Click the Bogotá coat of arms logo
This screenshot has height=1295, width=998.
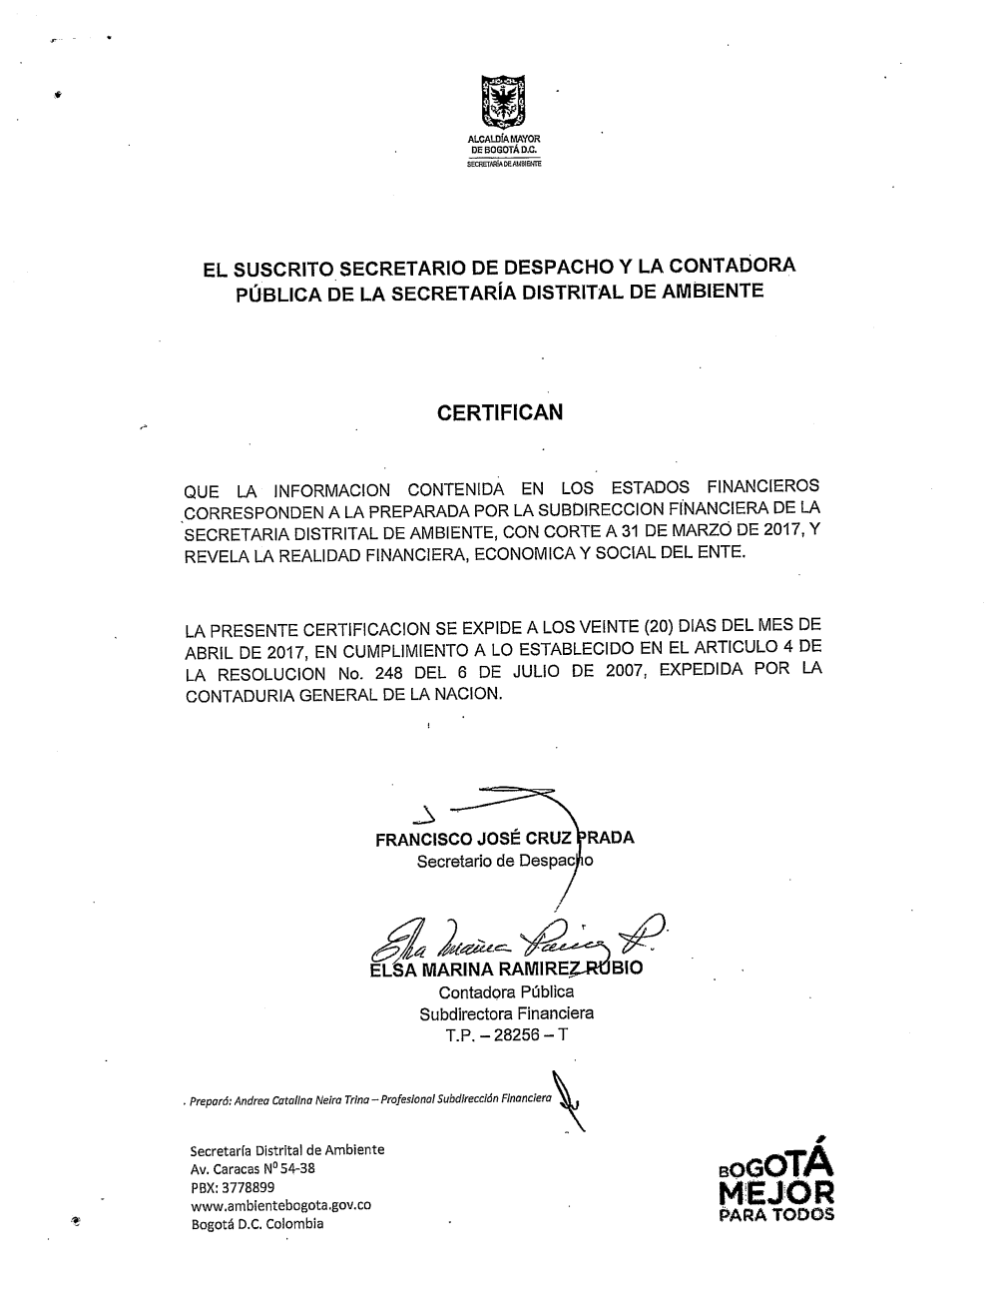[x=504, y=103]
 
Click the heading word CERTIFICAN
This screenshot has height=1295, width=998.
[x=500, y=412]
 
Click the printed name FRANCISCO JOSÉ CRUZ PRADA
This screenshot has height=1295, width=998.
[x=504, y=839]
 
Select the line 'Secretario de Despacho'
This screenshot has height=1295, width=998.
[x=504, y=861]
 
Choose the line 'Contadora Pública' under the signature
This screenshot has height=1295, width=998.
[x=506, y=991]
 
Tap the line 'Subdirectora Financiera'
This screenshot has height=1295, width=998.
[x=506, y=1013]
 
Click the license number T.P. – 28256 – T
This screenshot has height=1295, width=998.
[x=506, y=1034]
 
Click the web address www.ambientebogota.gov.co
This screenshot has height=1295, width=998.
[x=280, y=1205]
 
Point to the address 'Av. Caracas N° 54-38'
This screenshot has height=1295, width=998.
[x=252, y=1168]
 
